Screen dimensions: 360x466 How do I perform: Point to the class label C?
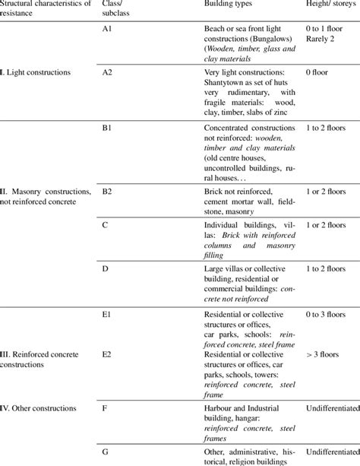click(105, 226)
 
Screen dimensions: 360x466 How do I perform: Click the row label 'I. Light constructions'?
click(36, 72)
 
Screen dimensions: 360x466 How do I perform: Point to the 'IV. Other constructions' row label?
click(39, 408)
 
